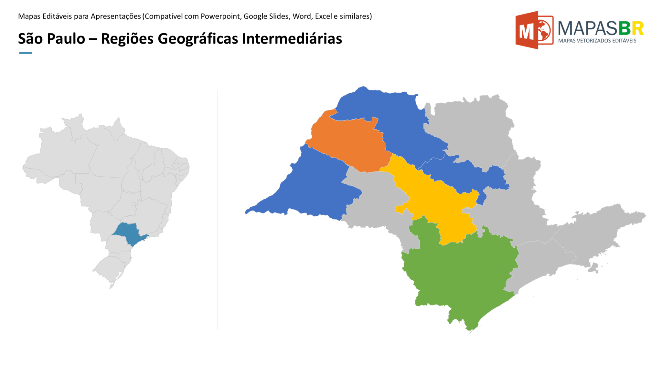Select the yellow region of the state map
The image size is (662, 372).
point(436,203)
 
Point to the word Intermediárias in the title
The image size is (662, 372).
point(292,39)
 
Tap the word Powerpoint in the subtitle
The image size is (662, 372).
point(221,16)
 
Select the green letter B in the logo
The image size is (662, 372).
point(625,28)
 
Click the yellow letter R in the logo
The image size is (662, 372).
point(637,28)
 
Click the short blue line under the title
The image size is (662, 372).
point(25,53)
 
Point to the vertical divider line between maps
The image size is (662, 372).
point(217,210)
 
